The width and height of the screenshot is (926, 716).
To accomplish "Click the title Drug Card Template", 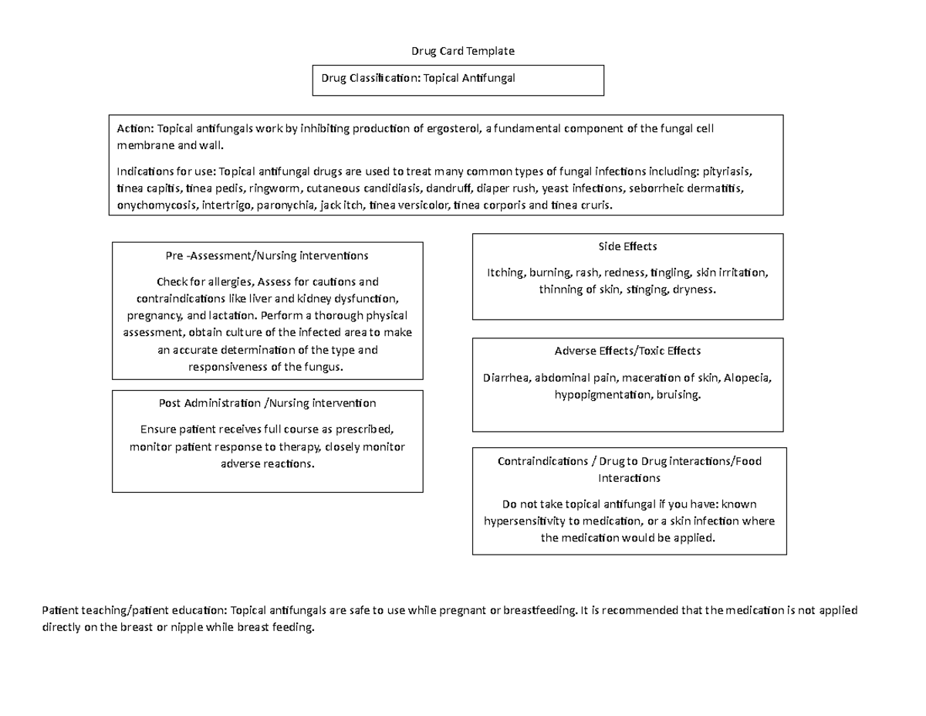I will (461, 51).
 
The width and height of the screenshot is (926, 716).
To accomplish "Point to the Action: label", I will (135, 128).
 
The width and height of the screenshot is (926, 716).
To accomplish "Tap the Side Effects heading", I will (627, 246).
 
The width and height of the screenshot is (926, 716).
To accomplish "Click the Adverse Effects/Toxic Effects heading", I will (627, 351).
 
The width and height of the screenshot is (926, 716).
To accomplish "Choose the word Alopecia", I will (747, 378).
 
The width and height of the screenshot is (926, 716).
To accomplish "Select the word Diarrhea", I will (506, 378).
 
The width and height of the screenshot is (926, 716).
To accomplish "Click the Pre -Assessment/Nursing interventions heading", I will (267, 255).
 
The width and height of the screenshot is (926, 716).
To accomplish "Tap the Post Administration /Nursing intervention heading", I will (267, 403).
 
